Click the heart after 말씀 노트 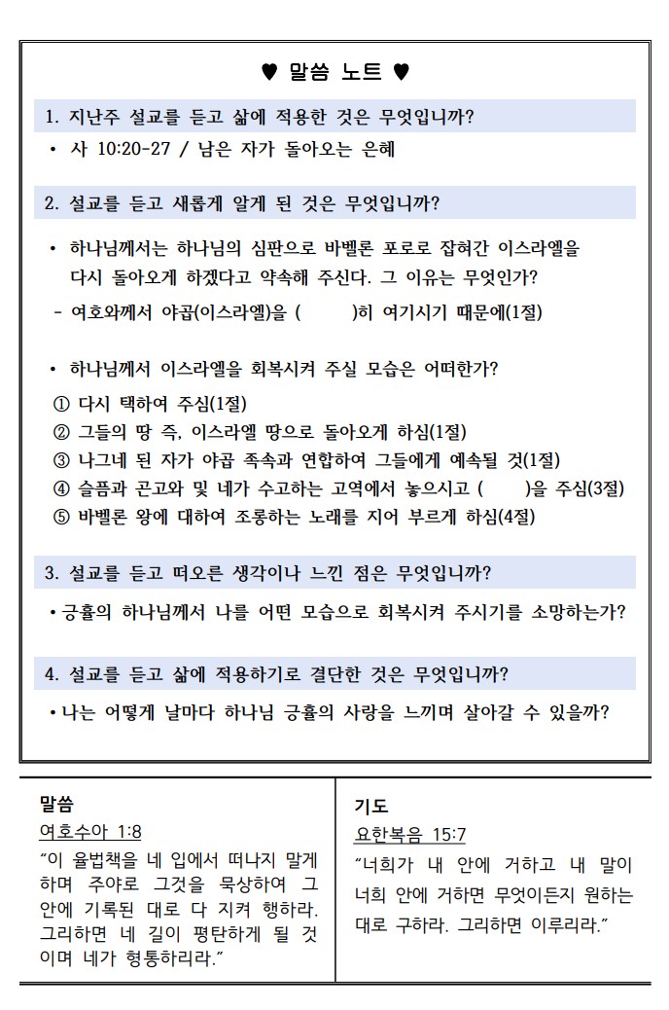[401, 71]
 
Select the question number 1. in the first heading [53, 117]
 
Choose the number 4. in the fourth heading [53, 672]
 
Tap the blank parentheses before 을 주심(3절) [503, 487]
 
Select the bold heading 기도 [370, 806]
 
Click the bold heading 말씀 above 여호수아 [56, 803]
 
